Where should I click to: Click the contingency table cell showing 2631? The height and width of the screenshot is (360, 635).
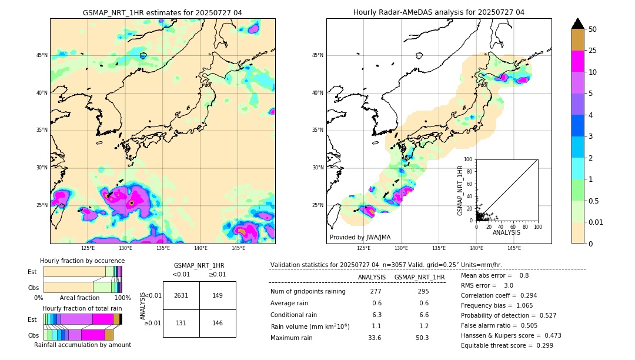[x=181, y=295]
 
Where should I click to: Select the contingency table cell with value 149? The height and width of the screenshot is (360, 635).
[x=218, y=295]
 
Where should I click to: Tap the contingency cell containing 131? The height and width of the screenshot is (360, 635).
[x=181, y=323]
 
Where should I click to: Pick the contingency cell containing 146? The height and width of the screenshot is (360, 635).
[x=218, y=323]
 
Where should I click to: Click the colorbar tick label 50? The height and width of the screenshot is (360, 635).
[x=593, y=29]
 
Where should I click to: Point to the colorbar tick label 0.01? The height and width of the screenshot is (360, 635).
[x=596, y=222]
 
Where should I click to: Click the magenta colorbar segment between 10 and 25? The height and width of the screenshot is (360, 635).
[x=578, y=61]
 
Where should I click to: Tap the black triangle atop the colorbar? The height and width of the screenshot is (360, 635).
[x=578, y=24]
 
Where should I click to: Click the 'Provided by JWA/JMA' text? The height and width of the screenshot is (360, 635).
[x=360, y=237]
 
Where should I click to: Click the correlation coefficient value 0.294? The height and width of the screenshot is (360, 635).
[x=525, y=296]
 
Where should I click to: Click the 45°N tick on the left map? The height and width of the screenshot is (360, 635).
[x=42, y=55]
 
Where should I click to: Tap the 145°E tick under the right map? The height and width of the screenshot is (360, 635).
[x=514, y=248]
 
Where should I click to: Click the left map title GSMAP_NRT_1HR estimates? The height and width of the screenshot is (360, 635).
[x=162, y=12]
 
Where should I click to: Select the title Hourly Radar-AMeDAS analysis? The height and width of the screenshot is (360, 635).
[x=439, y=12]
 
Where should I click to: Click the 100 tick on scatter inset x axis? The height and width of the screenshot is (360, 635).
[x=537, y=226]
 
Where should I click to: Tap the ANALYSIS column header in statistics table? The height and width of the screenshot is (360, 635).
[x=372, y=277]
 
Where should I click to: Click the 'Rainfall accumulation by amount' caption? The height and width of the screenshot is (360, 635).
[x=82, y=345]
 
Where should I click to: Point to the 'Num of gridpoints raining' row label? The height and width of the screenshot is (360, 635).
[x=308, y=292]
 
